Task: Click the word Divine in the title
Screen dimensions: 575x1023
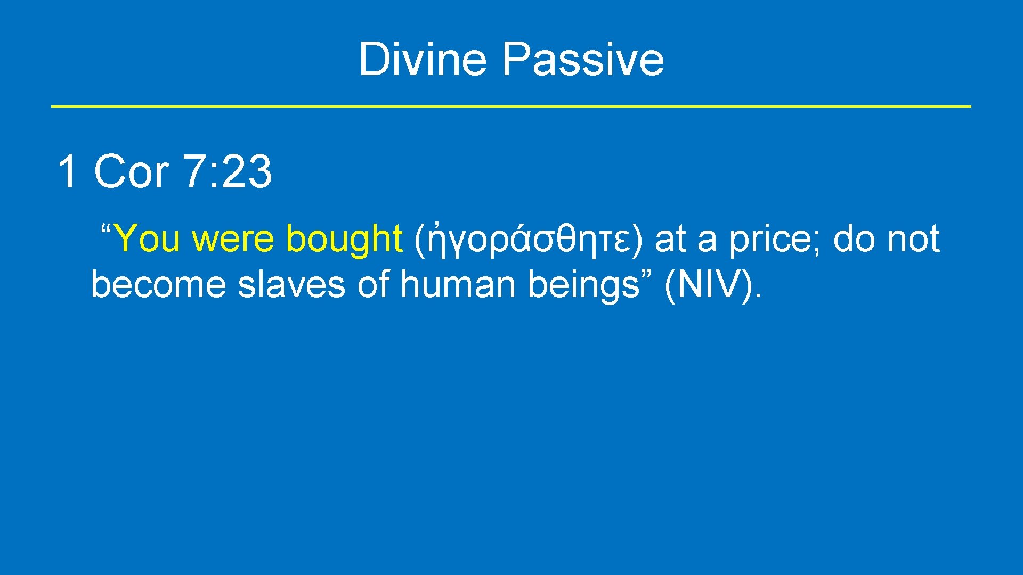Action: [423, 59]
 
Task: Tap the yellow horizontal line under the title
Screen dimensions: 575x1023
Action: [511, 106]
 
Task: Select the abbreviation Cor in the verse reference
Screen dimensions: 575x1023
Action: [131, 171]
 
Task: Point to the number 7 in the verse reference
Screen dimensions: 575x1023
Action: [193, 171]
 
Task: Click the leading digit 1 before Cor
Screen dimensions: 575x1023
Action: [67, 171]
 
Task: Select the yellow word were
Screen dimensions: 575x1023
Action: [232, 239]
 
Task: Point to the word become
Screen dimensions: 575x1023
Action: [158, 284]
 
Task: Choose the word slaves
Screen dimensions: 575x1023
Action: [291, 284]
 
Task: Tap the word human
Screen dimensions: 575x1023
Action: [457, 284]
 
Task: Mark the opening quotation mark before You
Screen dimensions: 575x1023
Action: [105, 230]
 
